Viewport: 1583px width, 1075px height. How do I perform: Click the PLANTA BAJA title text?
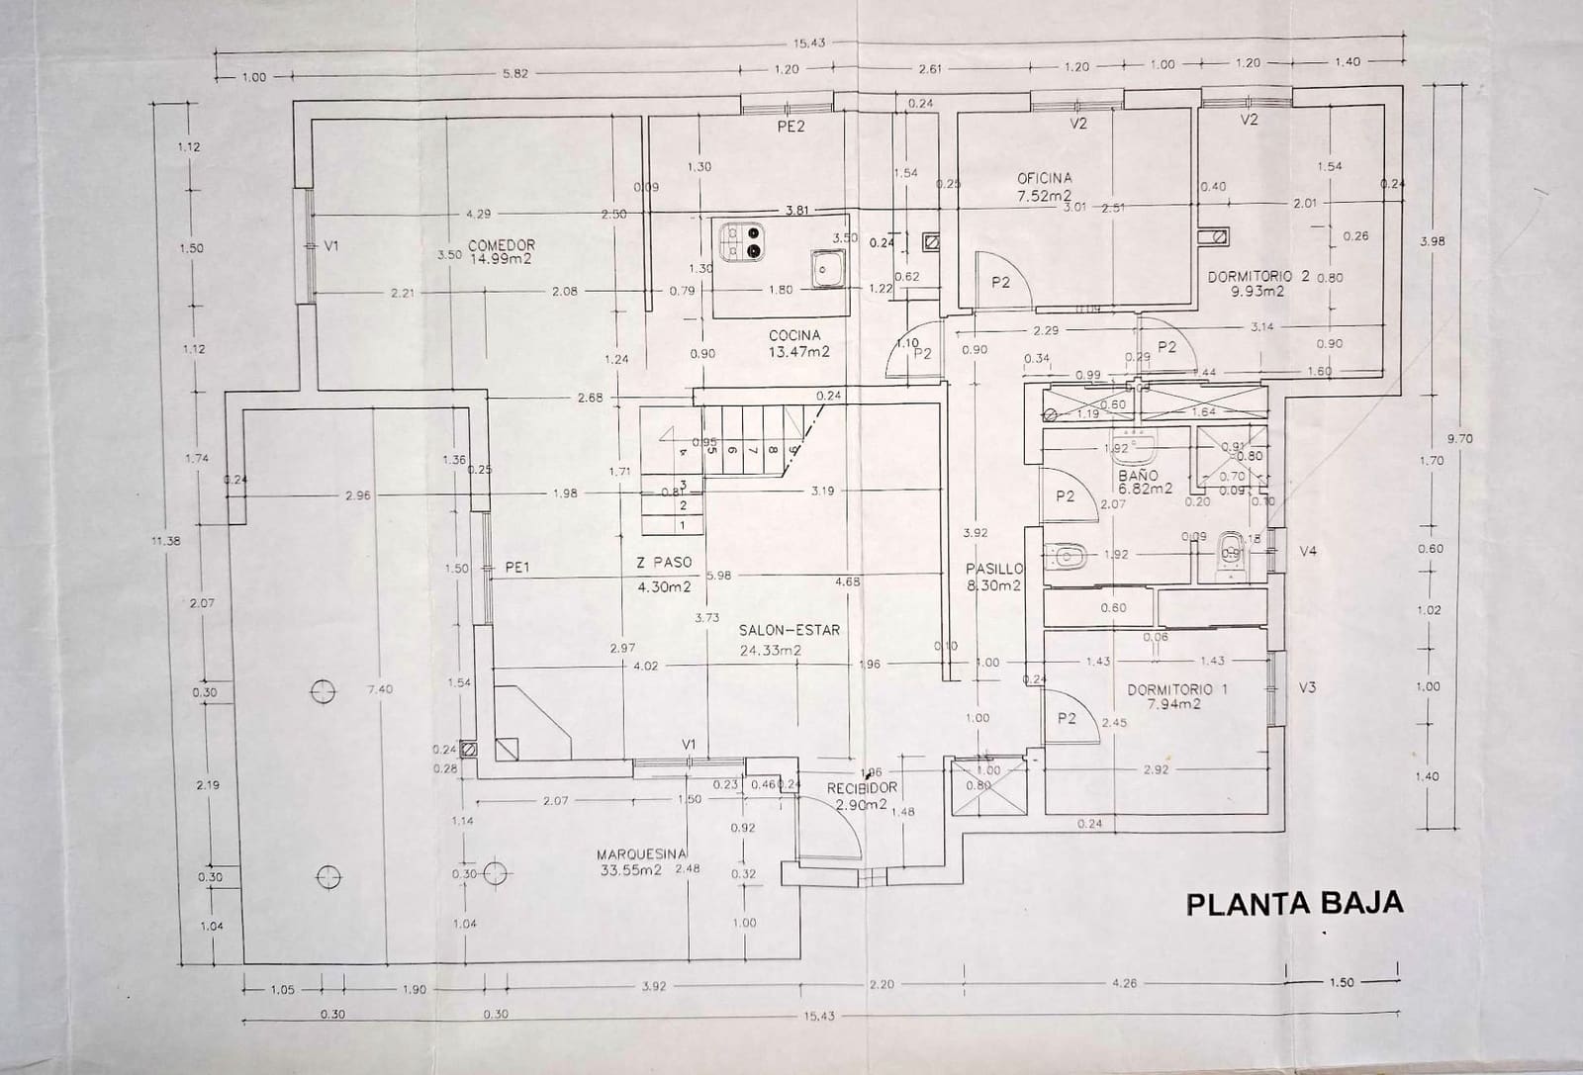click(1293, 903)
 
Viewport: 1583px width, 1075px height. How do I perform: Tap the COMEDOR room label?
click(501, 251)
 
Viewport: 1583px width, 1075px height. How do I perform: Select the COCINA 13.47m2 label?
click(797, 342)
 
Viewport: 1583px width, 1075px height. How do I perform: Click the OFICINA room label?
click(1044, 186)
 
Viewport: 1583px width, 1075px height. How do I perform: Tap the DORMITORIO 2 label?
click(1257, 284)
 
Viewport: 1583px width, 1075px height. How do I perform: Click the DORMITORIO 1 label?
click(1176, 696)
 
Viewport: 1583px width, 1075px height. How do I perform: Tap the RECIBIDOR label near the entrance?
click(862, 795)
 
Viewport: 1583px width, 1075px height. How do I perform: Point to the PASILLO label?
click(994, 577)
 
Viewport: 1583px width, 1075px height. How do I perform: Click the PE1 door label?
click(518, 568)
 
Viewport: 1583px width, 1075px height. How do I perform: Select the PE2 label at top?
click(791, 126)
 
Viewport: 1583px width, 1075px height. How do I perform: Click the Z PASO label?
click(664, 574)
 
